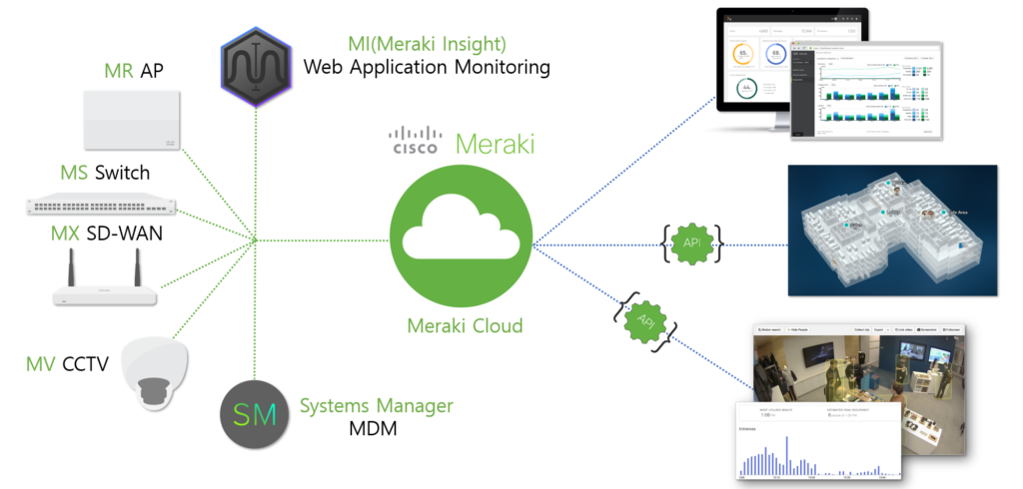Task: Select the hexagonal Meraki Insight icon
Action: (x=256, y=67)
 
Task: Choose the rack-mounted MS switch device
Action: (x=101, y=207)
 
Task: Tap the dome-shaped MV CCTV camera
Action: (x=153, y=372)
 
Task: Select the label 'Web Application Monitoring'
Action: (x=427, y=68)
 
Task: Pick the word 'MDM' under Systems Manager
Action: (x=372, y=430)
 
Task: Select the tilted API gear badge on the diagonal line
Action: (x=644, y=319)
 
